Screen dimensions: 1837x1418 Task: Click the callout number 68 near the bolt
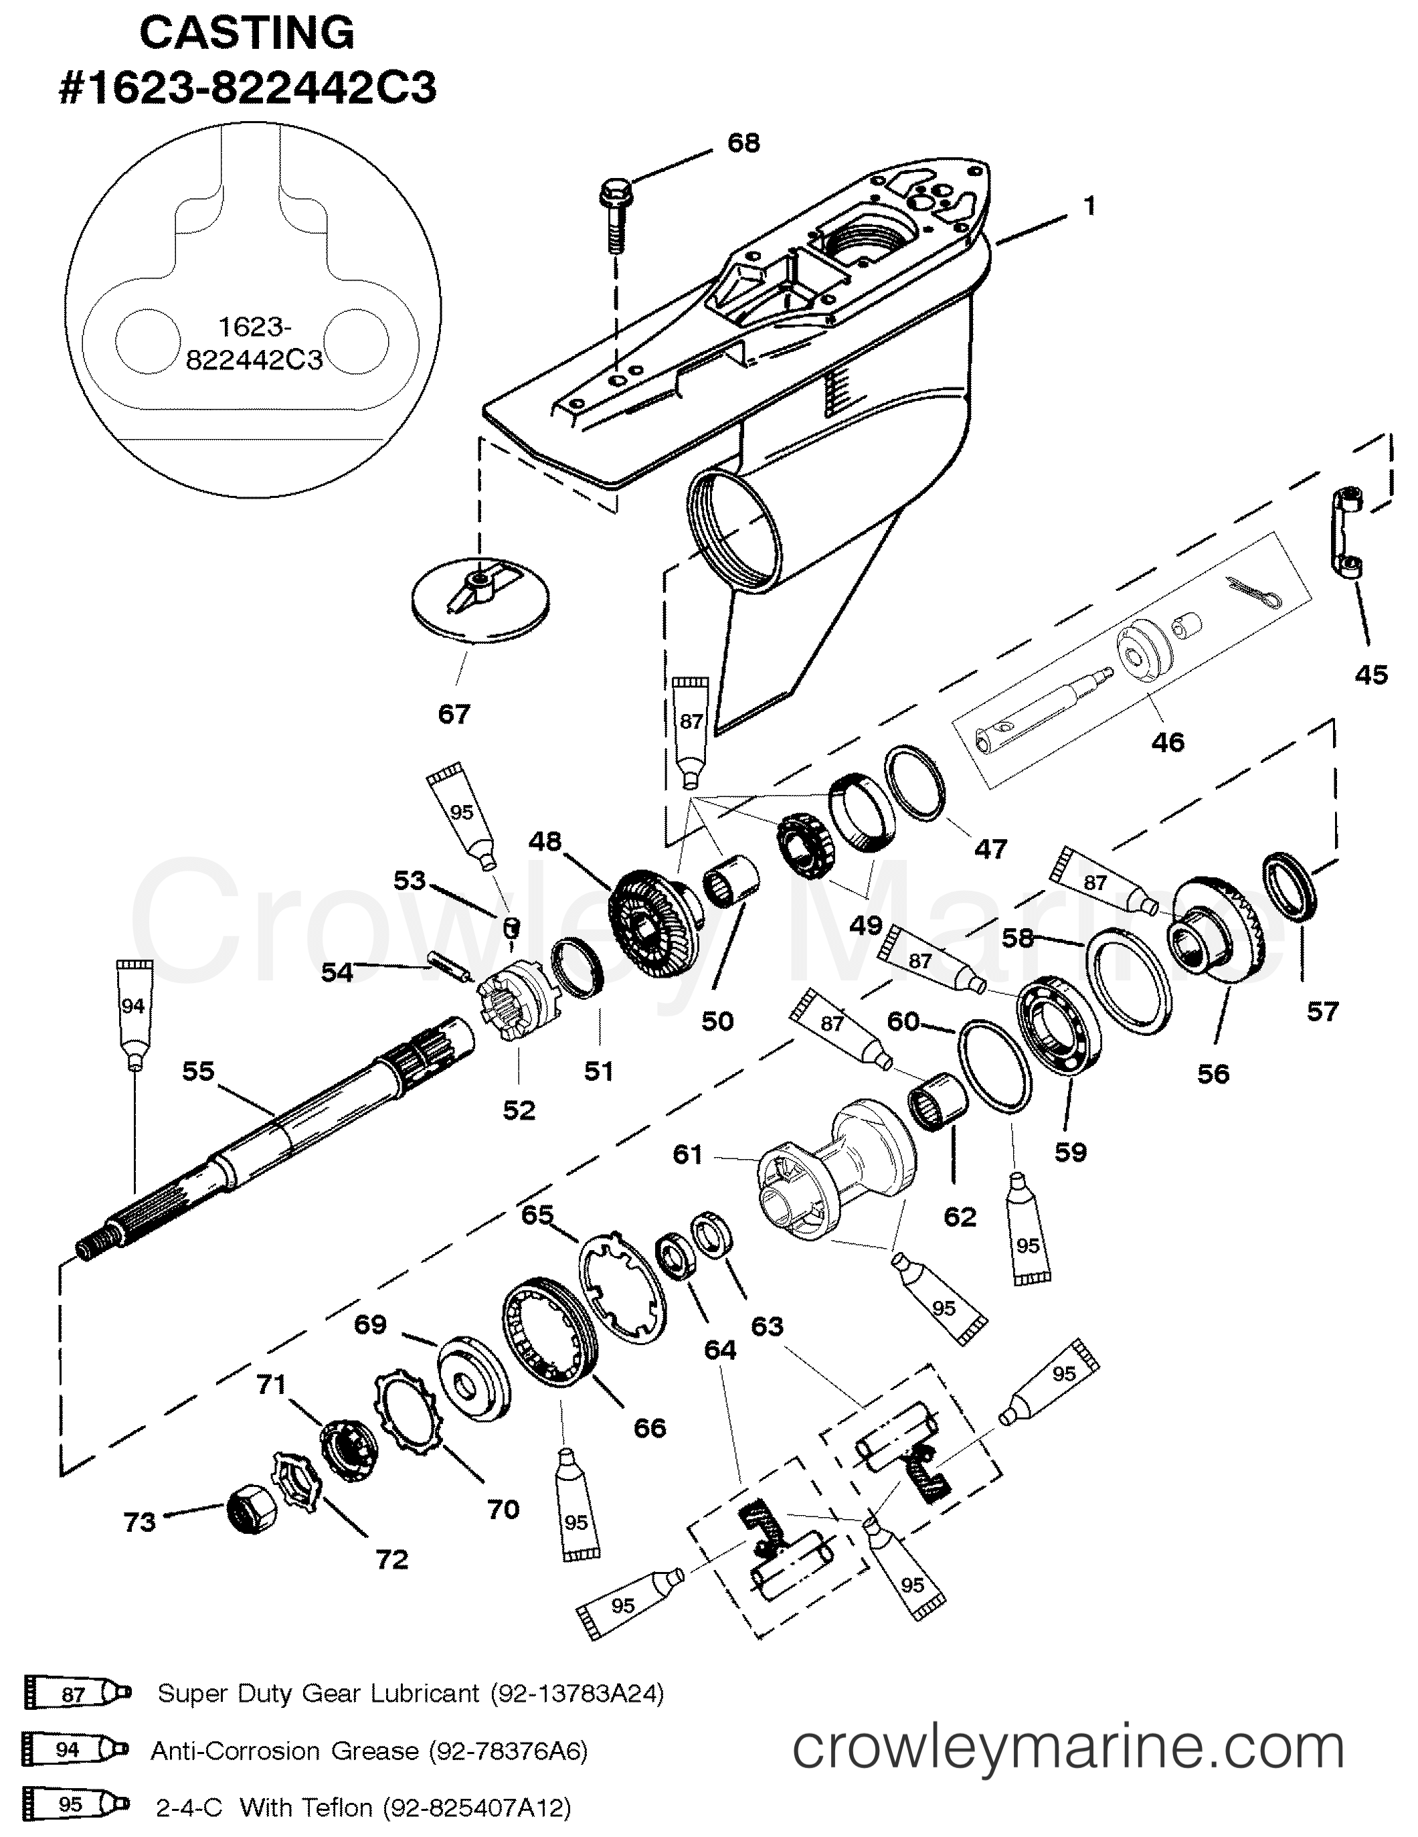coord(743,143)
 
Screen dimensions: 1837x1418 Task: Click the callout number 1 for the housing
coord(1089,205)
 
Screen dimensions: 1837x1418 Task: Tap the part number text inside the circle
coord(254,343)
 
